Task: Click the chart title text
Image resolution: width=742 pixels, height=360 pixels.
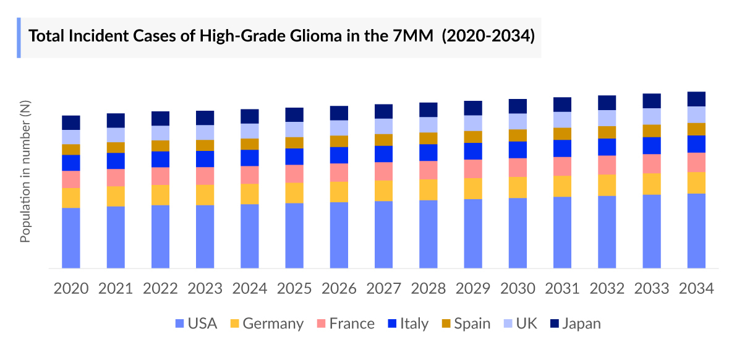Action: click(x=281, y=35)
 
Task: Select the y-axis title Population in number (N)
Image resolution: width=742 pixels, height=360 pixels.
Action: click(x=25, y=173)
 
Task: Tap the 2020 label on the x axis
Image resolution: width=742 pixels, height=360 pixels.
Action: click(x=71, y=288)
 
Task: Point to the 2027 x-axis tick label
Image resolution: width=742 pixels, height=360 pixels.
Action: click(x=383, y=288)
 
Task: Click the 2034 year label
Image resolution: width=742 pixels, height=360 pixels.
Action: click(x=696, y=288)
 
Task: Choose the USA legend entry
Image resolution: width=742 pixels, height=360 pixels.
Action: click(x=196, y=324)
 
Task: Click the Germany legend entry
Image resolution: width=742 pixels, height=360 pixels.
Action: click(x=267, y=324)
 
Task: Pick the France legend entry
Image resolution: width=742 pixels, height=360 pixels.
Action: click(x=345, y=324)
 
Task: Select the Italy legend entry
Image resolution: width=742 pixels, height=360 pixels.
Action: click(x=407, y=324)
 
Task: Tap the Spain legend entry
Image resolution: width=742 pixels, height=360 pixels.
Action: click(x=466, y=324)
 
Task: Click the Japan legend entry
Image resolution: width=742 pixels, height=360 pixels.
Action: click(x=574, y=324)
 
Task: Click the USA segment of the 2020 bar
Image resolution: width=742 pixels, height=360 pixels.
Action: click(x=71, y=238)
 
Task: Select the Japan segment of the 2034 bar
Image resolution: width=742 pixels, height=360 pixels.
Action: click(x=696, y=99)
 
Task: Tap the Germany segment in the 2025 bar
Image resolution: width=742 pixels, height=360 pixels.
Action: click(x=294, y=192)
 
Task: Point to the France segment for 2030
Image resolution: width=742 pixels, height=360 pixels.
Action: click(x=518, y=167)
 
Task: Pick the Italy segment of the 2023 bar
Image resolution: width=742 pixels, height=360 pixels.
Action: click(x=205, y=159)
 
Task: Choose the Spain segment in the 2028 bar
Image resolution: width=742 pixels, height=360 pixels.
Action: click(x=429, y=138)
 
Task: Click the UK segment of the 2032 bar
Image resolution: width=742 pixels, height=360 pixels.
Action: click(x=607, y=118)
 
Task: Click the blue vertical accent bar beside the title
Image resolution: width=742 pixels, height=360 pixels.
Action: click(x=19, y=38)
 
